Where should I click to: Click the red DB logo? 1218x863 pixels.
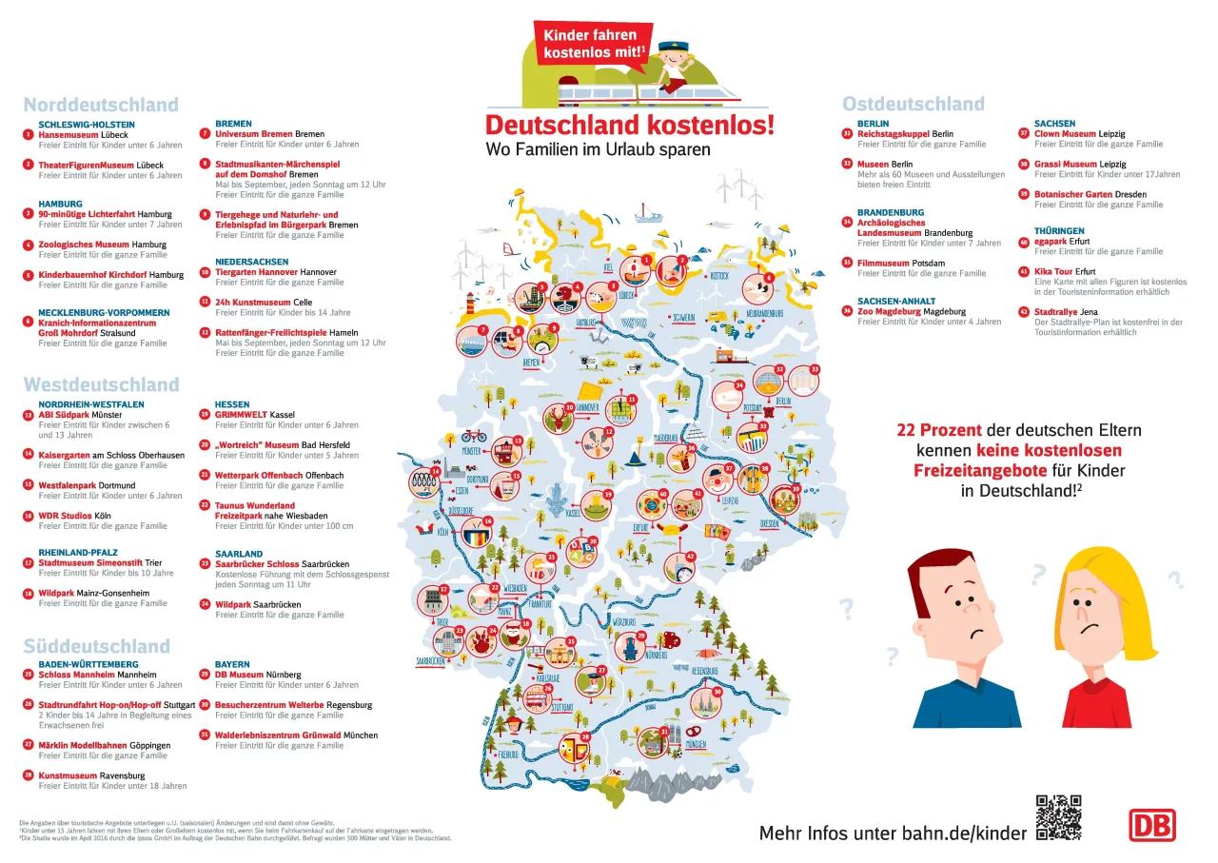click(1151, 825)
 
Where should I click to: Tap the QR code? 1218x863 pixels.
click(1058, 817)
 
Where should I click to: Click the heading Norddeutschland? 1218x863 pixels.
click(101, 106)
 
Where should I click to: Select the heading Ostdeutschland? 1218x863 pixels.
click(913, 105)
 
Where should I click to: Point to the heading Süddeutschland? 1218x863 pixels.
click(96, 647)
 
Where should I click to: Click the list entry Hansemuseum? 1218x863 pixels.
click(69, 135)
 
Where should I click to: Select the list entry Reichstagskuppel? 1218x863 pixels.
click(893, 134)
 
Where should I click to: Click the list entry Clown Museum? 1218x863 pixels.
click(1065, 134)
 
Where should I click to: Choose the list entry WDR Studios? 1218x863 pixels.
click(65, 516)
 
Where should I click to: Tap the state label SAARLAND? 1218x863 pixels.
click(239, 554)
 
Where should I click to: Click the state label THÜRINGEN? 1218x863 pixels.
click(1059, 231)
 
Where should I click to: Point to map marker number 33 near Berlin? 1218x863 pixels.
click(815, 368)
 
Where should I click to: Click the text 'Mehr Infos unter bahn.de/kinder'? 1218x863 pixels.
click(893, 834)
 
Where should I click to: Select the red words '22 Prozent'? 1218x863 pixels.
click(937, 430)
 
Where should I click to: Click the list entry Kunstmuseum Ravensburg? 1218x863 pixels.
click(68, 775)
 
